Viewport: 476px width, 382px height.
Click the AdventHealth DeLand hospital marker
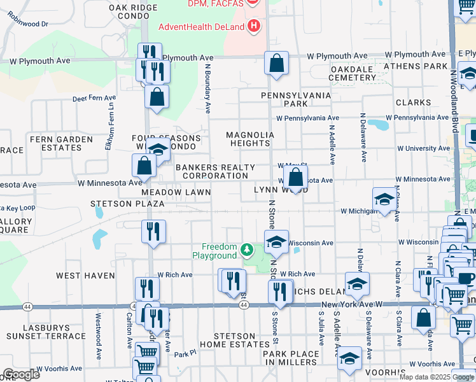coord(255,26)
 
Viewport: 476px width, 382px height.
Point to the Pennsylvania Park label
coord(297,99)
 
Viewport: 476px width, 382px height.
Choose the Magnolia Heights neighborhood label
coord(251,139)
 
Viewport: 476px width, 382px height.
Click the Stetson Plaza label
coord(127,204)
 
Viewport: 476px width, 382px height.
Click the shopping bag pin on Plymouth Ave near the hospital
coord(277,64)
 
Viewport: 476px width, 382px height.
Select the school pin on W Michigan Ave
coord(384,200)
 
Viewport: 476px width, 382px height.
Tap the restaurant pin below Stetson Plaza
coord(153,232)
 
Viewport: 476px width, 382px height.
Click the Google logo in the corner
coord(21,374)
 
